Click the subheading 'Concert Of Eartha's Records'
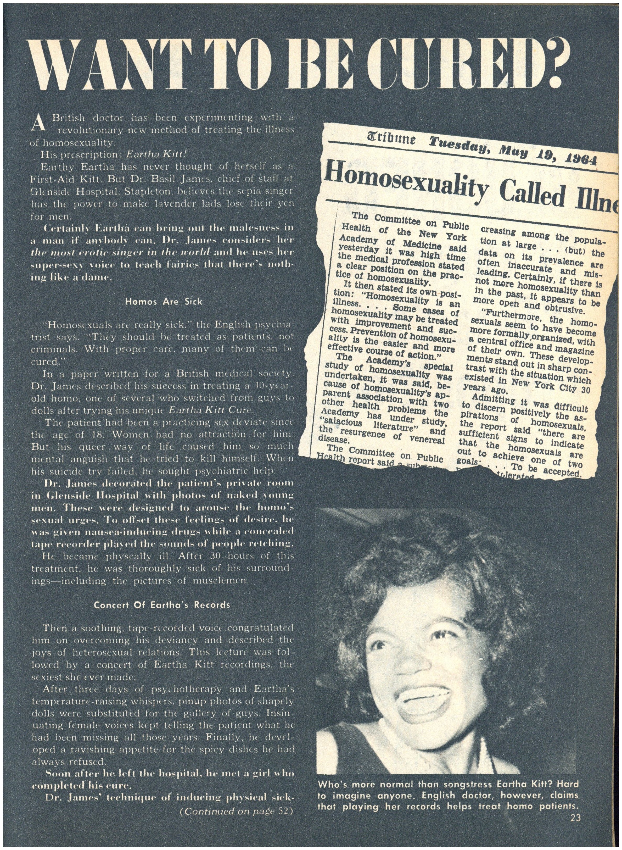point(162,605)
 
